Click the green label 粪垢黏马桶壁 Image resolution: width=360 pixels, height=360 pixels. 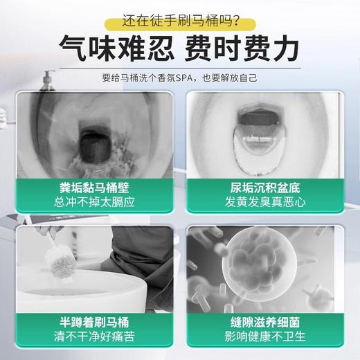click(x=96, y=187)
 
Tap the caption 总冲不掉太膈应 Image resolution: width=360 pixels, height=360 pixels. click(x=96, y=202)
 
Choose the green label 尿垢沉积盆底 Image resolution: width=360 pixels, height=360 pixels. click(x=264, y=187)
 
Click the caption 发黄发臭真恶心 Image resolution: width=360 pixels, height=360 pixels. click(x=264, y=202)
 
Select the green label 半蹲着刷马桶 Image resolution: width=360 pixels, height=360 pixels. click(x=96, y=322)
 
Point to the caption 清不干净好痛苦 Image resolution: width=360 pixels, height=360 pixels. click(x=96, y=338)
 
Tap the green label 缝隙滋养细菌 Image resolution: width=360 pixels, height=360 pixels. click(x=264, y=322)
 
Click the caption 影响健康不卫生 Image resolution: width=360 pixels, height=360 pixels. click(x=264, y=338)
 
